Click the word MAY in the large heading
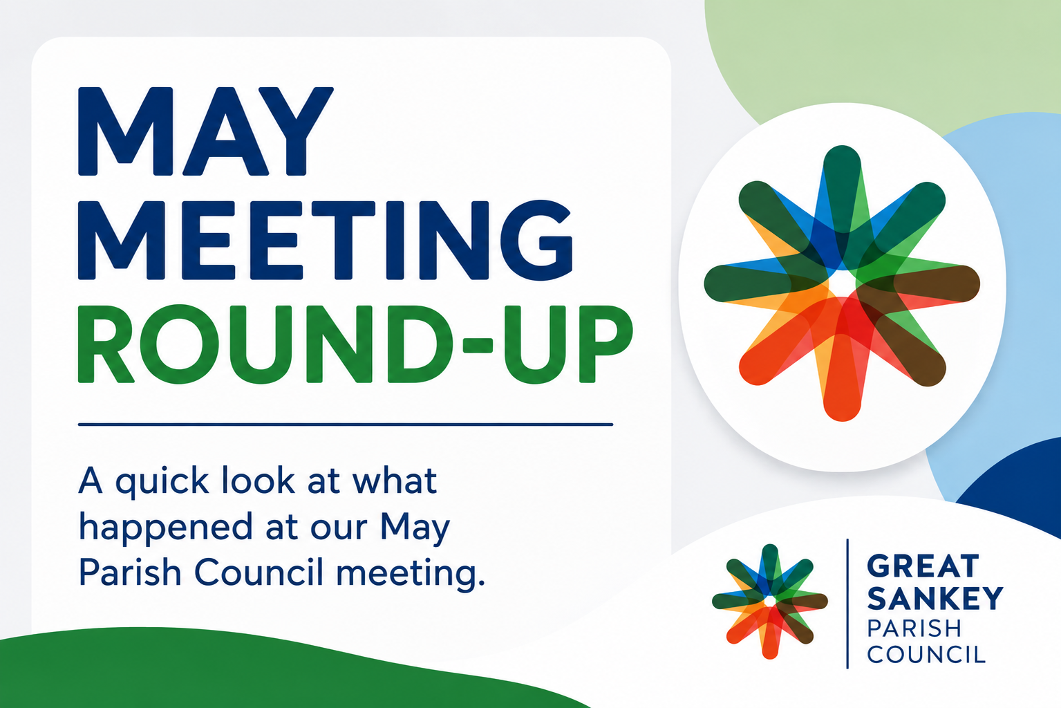point(205,131)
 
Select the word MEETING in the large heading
point(326,240)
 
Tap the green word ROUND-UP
point(355,344)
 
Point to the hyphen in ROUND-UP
point(478,346)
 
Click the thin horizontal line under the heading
point(346,425)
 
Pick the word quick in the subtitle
point(162,483)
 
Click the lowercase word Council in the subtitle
point(259,572)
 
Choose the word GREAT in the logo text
point(923,566)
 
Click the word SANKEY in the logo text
point(935,598)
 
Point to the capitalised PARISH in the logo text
point(914,628)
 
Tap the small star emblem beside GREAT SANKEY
point(770,602)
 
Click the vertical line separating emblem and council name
point(847,604)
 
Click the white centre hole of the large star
point(841,283)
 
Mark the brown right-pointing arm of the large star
point(928,283)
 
